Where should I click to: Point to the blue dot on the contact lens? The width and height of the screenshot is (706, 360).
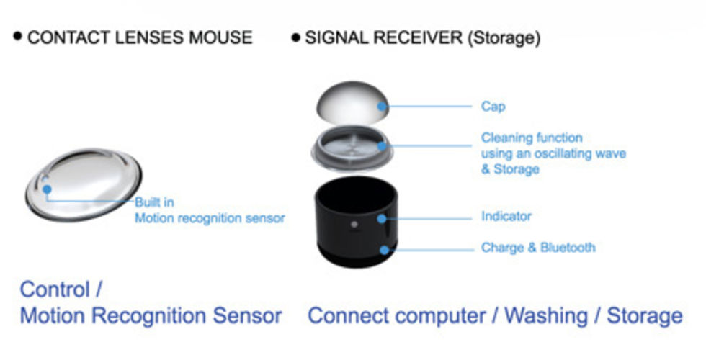tap(47, 189)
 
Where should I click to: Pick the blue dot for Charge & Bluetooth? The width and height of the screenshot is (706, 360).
tap(384, 250)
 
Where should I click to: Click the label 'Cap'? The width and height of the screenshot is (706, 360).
tap(493, 107)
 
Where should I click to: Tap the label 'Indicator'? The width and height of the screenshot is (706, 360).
tap(506, 216)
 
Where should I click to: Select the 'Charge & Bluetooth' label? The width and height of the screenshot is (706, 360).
tap(538, 248)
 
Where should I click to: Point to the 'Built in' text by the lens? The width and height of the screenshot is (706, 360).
tap(154, 202)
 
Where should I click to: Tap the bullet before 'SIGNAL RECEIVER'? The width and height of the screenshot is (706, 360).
tap(295, 38)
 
